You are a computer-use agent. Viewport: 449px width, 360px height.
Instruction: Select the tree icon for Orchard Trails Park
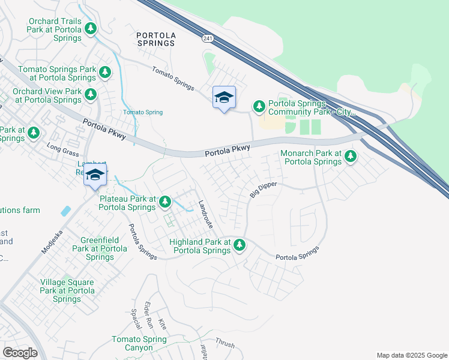tap(90, 28)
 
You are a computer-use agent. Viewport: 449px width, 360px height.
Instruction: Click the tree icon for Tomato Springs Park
tap(104, 73)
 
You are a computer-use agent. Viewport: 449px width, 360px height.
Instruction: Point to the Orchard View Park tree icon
tap(91, 94)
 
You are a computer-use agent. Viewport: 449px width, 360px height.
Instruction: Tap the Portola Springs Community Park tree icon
tap(259, 106)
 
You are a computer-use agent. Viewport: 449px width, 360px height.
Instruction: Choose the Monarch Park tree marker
tap(350, 157)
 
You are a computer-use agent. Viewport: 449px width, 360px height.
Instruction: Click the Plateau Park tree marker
tap(164, 202)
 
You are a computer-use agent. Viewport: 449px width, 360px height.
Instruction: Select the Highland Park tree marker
tap(239, 245)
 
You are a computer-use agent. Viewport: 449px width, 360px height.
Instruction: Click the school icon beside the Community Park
tap(224, 98)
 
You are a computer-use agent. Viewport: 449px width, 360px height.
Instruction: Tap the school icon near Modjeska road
tap(95, 175)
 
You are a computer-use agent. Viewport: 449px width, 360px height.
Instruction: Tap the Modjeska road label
tap(52, 241)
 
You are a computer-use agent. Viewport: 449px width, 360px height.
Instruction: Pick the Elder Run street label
tap(148, 314)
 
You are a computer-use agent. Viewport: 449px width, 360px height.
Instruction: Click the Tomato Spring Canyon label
tap(139, 343)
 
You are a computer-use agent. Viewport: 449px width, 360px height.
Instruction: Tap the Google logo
tap(20, 353)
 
